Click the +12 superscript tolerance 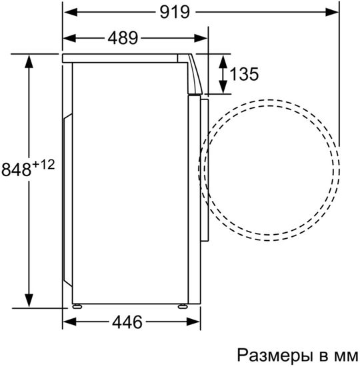tap(43, 164)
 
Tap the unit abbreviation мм tap(347, 354)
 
